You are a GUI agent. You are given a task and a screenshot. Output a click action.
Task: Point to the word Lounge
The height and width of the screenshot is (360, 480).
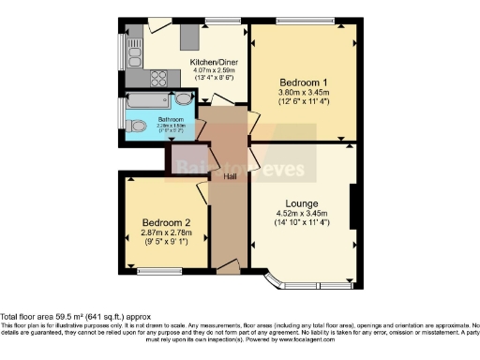[302, 203]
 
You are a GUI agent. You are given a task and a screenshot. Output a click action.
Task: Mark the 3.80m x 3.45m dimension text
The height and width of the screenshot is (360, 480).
[301, 92]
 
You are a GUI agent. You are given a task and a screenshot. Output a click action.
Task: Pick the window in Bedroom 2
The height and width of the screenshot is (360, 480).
[151, 273]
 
